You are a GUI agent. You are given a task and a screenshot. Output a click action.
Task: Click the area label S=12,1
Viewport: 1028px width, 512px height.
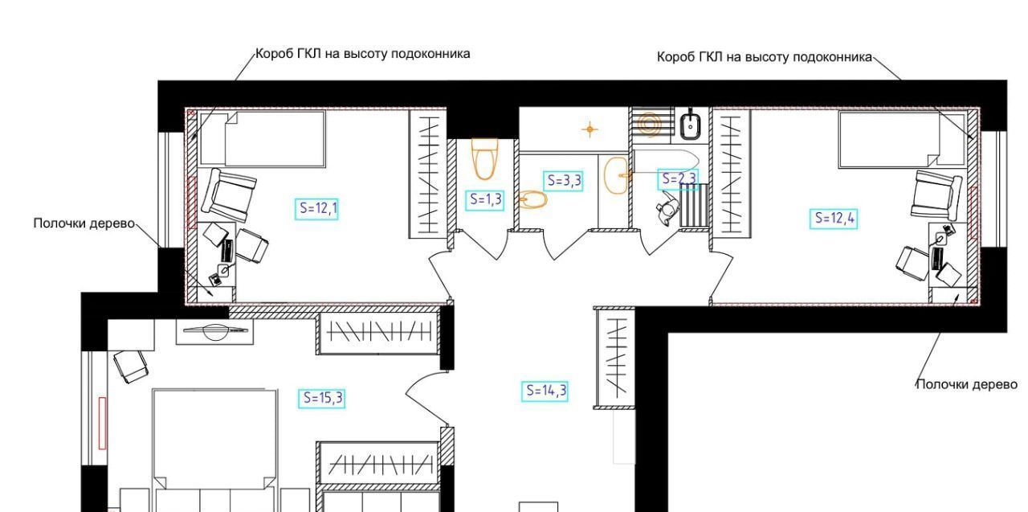coord(316,208)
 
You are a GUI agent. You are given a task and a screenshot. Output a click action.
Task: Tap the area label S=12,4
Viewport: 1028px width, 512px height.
coord(834,218)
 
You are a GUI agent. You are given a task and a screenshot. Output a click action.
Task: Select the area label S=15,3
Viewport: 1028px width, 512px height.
coord(322,398)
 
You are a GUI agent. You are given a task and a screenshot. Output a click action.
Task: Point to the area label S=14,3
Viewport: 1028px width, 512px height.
coord(545,391)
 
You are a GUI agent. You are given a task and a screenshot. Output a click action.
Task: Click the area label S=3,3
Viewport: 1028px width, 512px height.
coord(564,181)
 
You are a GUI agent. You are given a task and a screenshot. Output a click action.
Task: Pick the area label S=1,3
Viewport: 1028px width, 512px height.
coord(485,200)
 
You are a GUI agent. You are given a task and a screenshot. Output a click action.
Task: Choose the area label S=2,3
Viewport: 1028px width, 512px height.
coord(679,179)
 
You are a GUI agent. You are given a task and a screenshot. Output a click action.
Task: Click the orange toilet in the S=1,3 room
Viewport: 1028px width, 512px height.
coord(484,158)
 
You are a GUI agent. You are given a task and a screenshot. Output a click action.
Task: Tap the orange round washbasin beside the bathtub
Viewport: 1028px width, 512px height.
coord(616,175)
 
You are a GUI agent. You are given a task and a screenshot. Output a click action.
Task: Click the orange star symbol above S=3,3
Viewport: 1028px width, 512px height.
coord(589,129)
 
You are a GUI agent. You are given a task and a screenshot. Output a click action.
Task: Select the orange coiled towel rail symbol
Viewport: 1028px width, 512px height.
coord(650,123)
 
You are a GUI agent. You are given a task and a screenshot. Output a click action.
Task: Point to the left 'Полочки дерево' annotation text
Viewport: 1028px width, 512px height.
coord(84,223)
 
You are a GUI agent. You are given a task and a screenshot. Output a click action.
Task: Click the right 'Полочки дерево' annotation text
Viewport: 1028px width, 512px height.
coord(966,384)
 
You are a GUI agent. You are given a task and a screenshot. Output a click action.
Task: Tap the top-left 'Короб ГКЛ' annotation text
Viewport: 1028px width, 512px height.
coord(362,54)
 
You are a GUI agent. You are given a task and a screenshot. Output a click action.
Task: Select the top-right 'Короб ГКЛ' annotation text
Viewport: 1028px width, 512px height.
coord(765,57)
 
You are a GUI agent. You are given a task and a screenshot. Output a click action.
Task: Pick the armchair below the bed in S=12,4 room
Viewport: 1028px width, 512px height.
coord(936,195)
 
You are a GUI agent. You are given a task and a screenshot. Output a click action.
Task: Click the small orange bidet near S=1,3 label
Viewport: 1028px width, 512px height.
coord(532,200)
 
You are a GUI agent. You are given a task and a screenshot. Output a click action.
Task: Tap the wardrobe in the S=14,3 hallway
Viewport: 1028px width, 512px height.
coord(615,358)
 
